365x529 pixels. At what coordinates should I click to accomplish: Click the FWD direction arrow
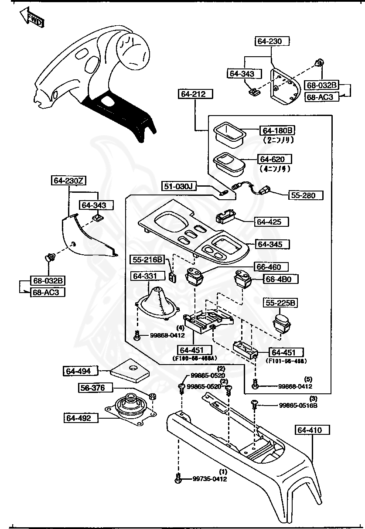pos(31,18)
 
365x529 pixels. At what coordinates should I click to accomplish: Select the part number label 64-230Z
pos(68,180)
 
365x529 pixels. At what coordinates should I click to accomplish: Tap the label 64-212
pos(195,94)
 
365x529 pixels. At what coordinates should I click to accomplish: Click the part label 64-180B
pos(277,130)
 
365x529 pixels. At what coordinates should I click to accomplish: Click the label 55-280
pos(305,195)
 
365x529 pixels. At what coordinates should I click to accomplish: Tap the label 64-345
pos(273,244)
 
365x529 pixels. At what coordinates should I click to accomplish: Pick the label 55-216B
pos(147,260)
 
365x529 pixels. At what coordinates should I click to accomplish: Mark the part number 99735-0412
pos(210,479)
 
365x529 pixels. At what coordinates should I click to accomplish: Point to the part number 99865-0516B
pos(298,405)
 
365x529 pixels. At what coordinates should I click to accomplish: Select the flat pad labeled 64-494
pos(129,370)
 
